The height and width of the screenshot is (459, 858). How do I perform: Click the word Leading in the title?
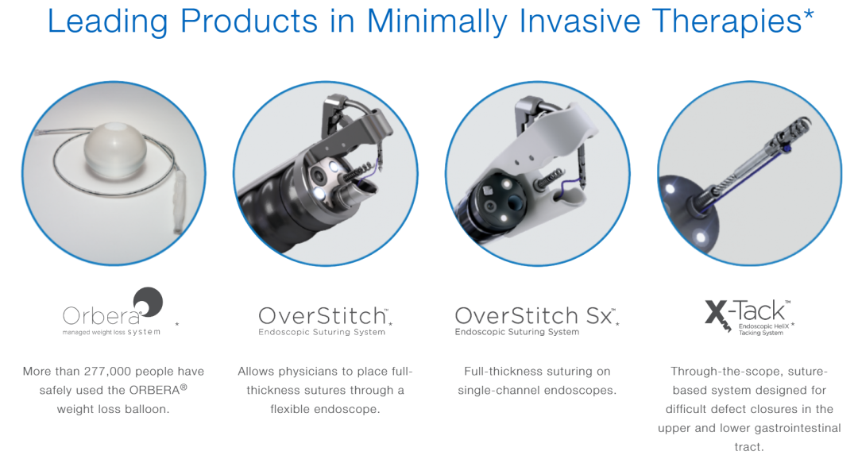[108, 22]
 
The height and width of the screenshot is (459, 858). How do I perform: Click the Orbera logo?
[113, 312]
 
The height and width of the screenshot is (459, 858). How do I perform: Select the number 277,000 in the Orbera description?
[107, 372]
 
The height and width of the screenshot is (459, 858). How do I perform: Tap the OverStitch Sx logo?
[535, 321]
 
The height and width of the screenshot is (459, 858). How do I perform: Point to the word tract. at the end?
[748, 447]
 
